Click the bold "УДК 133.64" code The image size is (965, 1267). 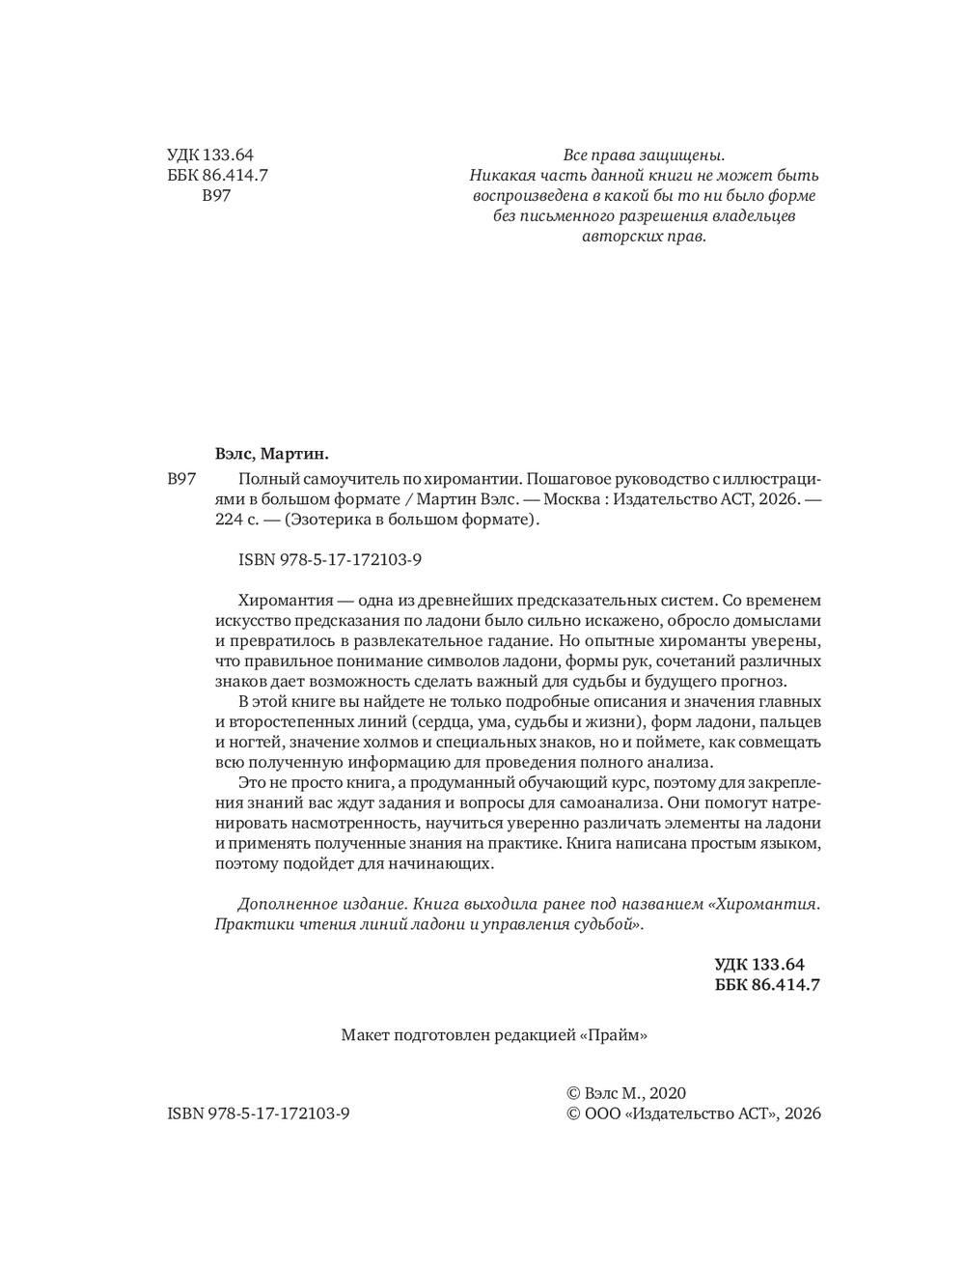pyautogui.click(x=759, y=964)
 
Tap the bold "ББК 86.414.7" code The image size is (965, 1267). pyautogui.click(x=767, y=984)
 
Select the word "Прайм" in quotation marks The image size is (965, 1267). pyautogui.click(x=613, y=1035)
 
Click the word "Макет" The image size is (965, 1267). pyautogui.click(x=366, y=1035)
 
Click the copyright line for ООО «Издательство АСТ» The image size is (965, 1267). pyautogui.click(x=692, y=1113)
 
